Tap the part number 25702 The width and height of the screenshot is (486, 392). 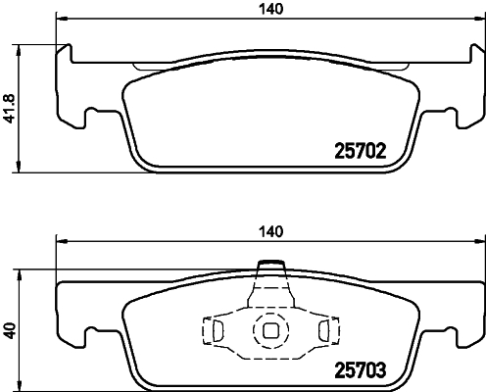[359, 152]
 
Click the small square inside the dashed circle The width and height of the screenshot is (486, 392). [268, 330]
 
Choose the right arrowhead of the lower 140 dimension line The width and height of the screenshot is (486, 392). [480, 242]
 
